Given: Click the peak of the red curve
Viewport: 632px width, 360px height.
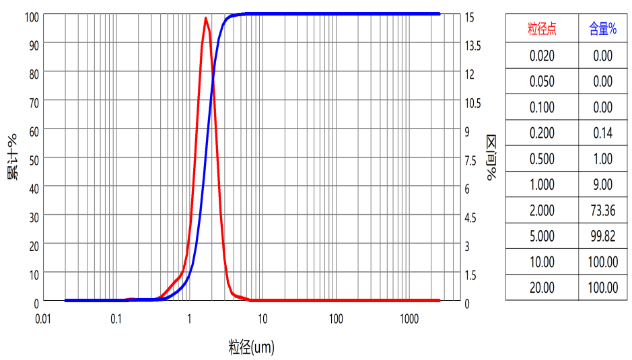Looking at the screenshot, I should pos(205,18).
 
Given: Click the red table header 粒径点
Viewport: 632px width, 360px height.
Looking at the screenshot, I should pos(542,29).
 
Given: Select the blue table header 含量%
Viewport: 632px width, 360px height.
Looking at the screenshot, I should pos(602,29).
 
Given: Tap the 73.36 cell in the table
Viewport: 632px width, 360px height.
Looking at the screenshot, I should pos(602,210).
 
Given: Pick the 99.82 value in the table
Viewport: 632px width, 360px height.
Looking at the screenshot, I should pos(602,236).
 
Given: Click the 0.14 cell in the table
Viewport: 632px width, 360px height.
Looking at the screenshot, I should pos(602,133).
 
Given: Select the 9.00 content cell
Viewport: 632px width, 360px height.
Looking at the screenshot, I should pos(602,184).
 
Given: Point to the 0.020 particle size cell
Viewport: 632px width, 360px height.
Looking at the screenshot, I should pos(542,56).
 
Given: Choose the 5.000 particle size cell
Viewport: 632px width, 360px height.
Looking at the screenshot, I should pos(542,236).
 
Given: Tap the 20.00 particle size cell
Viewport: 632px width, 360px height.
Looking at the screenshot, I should pos(542,288).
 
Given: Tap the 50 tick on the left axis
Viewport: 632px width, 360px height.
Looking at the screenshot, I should pos(32,159).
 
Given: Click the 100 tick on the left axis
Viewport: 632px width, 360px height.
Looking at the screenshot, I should pos(30,15).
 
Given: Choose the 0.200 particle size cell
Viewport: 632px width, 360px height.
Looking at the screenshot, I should pos(542,133).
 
